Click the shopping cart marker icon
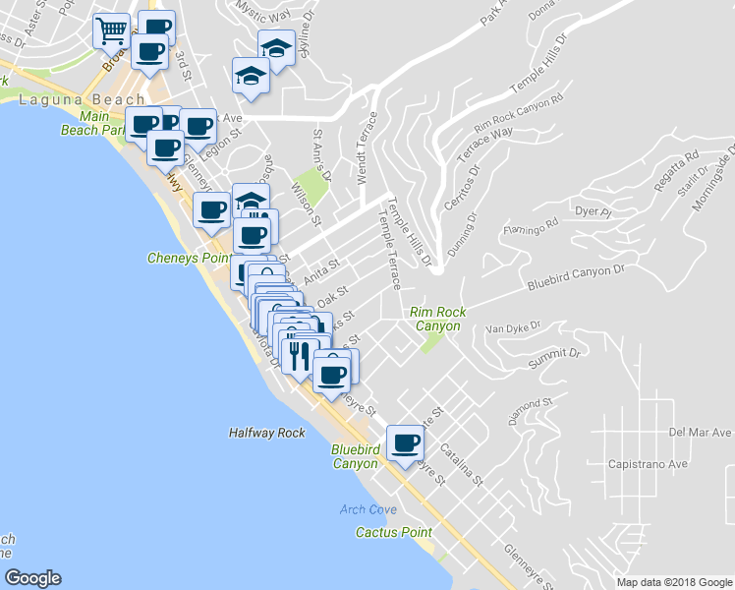coord(112,30)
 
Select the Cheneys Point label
coord(186,259)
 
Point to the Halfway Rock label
coord(266,432)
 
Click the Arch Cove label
coord(367,509)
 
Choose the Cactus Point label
coord(393,532)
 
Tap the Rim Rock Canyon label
coord(437,319)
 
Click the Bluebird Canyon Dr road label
coord(576,275)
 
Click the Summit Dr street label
coord(556,359)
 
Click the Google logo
coord(32,578)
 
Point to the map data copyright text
coord(674,582)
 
